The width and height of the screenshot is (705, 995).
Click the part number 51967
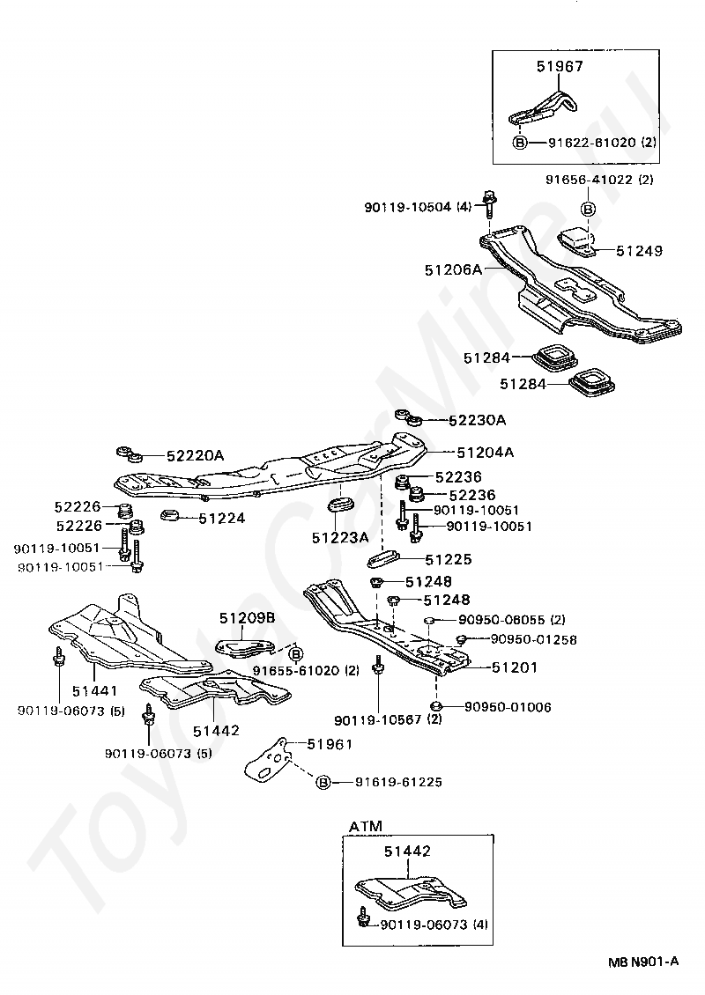point(560,66)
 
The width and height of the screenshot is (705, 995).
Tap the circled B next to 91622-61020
point(520,143)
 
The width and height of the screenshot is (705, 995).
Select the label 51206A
point(454,269)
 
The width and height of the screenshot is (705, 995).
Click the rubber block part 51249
point(576,243)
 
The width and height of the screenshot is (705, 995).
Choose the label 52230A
point(477,420)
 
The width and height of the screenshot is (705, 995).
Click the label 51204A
point(486,453)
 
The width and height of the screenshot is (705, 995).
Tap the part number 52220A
point(196,455)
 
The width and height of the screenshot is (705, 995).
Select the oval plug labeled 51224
point(169,515)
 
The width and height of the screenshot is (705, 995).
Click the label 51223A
point(340,537)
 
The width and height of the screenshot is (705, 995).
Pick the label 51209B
point(248,617)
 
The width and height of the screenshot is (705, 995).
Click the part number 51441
point(94,691)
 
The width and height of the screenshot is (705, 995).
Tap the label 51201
point(515,667)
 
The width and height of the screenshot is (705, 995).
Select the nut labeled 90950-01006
point(436,706)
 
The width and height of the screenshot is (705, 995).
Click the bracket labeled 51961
point(270,760)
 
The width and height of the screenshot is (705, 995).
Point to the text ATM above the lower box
point(366,826)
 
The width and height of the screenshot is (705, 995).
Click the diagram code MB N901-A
point(643,962)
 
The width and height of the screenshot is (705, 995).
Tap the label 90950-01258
point(533,639)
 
